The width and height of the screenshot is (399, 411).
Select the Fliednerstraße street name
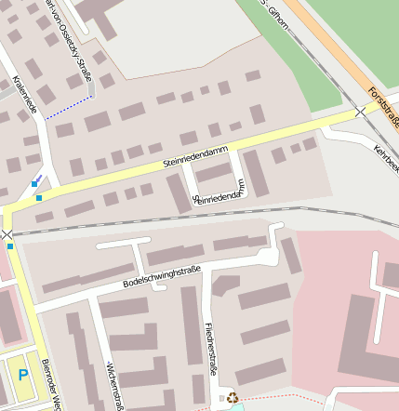(212, 349)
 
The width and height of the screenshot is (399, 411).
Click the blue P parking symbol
(23, 376)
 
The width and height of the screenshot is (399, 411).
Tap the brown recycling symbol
(233, 397)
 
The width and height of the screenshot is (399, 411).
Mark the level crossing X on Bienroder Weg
(8, 234)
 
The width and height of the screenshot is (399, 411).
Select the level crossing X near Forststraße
(361, 112)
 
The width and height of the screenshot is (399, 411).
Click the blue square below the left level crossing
(10, 246)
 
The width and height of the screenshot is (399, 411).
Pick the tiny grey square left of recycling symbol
(221, 398)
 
